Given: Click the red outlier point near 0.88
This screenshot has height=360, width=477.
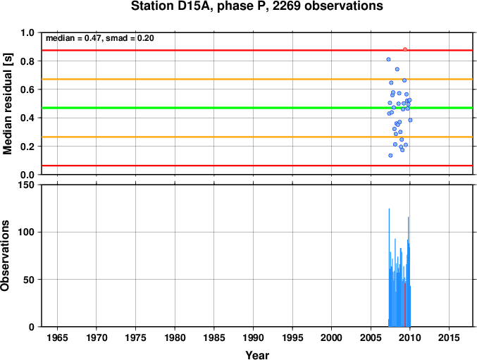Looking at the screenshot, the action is (x=405, y=49).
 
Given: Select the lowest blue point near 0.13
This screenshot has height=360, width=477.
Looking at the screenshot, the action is (x=390, y=156).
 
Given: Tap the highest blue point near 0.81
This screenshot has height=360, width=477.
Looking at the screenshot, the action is (x=388, y=59).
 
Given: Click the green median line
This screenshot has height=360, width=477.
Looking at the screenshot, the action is (x=257, y=108).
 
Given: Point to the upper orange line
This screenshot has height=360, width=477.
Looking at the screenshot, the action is (x=257, y=79).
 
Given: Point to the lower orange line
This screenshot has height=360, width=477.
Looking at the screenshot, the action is (x=257, y=137).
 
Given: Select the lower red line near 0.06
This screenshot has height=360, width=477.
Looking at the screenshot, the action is (x=257, y=166).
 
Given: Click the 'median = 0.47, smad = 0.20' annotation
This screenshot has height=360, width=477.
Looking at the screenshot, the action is (x=100, y=38).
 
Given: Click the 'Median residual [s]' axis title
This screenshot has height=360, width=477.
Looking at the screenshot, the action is (x=7, y=104).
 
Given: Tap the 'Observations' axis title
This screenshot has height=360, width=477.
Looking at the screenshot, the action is (x=5, y=256).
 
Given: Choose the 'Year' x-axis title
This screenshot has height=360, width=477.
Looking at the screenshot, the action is (x=257, y=355).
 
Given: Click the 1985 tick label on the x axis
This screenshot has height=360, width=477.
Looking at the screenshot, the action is (x=214, y=337).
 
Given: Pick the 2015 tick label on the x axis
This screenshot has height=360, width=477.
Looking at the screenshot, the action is (x=449, y=337).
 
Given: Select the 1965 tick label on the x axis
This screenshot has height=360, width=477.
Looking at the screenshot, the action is (x=58, y=337).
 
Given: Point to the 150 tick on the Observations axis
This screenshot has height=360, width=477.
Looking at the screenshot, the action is (x=27, y=185).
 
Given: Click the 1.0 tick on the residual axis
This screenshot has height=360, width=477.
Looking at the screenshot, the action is (x=27, y=32).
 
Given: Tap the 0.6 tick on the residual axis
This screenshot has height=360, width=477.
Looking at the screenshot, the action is (x=27, y=89).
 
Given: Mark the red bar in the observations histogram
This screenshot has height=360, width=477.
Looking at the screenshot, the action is (x=405, y=304).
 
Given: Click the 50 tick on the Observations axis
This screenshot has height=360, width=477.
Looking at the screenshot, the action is (x=29, y=280).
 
